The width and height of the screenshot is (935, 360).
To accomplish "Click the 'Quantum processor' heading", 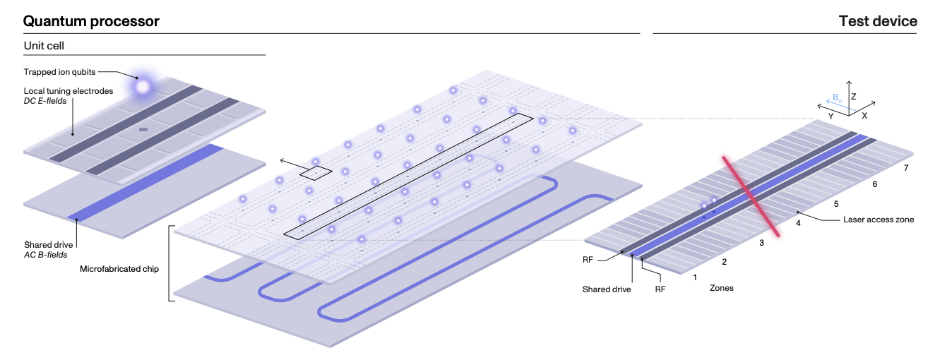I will (91, 21).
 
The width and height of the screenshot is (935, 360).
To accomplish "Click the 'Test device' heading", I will (878, 21).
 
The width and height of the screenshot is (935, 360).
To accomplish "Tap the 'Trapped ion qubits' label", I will (59, 71).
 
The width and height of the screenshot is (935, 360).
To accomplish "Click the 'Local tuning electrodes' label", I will (68, 90).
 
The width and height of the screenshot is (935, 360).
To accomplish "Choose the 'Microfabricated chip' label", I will (120, 269).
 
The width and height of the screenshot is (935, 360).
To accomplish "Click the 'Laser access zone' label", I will (879, 220).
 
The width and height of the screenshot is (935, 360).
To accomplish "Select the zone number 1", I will (696, 277).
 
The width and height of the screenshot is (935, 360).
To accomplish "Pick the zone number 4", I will (799, 223).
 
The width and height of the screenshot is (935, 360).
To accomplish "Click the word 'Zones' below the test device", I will (721, 288).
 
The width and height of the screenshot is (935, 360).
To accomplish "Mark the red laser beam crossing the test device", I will (750, 195).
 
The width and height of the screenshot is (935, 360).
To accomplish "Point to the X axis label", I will (864, 114).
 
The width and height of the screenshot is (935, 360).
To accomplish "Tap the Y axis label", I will (832, 114).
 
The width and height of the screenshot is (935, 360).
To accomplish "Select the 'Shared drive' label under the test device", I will (606, 289).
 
